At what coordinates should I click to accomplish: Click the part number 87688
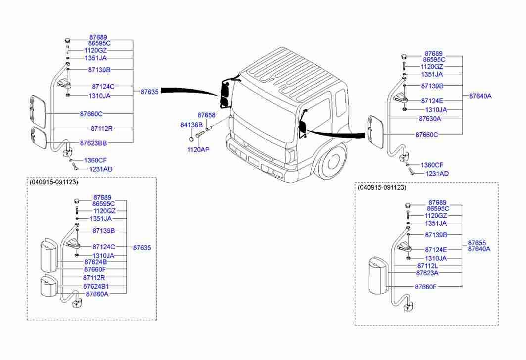tap(206, 115)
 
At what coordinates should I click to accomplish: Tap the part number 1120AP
tap(198, 149)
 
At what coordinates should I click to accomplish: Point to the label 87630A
tap(430, 119)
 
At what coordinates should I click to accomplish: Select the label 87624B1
tap(96, 287)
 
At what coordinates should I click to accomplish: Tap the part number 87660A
tap(97, 294)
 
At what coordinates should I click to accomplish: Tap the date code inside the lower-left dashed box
tap(54, 182)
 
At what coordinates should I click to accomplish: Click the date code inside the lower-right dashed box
tap(382, 188)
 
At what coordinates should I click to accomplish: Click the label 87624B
tap(96, 262)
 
